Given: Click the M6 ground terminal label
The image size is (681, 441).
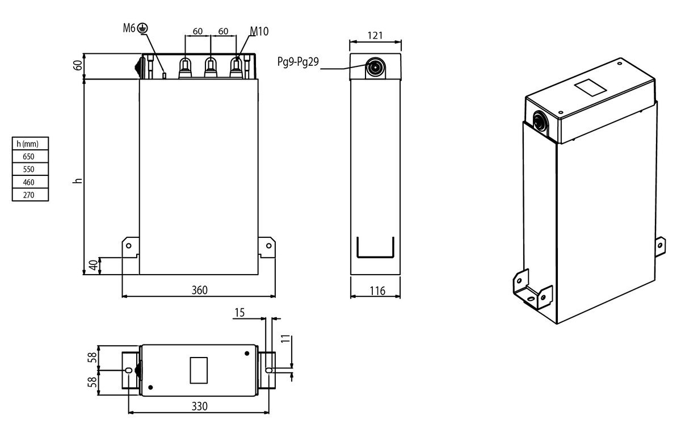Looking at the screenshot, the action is coord(129,28).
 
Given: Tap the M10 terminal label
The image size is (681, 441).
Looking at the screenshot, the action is coord(259,31).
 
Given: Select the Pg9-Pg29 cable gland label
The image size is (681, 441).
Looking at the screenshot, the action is coord(298,62).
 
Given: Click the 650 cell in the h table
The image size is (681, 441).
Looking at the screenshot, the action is coord(29,156).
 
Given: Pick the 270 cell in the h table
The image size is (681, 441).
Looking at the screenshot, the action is coord(29,195).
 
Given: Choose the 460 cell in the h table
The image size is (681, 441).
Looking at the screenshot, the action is coord(29,182).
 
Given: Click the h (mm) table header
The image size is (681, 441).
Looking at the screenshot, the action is coord(28,144).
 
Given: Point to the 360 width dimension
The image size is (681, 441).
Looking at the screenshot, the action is coord(199,290).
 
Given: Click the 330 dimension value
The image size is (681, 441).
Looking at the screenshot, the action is coord(199,406).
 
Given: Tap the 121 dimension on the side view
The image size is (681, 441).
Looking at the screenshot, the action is coord(375,36).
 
